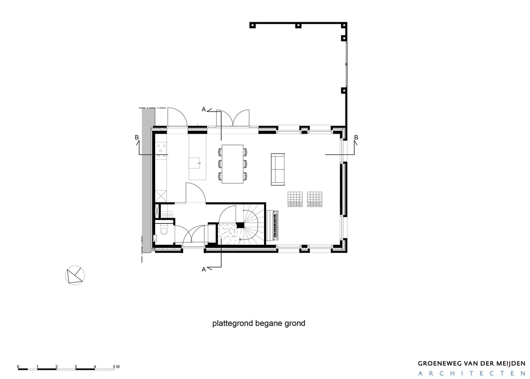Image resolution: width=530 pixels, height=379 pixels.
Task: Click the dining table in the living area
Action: click(x=233, y=164)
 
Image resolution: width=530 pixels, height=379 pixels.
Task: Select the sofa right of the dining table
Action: click(x=278, y=169)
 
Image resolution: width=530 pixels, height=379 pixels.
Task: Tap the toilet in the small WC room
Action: click(x=164, y=231)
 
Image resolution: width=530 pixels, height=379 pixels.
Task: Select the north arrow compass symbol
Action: click(x=75, y=275)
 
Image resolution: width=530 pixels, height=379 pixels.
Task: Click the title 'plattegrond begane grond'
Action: click(x=259, y=323)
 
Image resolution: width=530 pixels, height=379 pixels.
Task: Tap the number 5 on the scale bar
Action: click(x=114, y=366)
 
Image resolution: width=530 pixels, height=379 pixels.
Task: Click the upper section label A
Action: click(x=204, y=110)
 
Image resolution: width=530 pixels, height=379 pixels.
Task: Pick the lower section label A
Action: click(x=204, y=269)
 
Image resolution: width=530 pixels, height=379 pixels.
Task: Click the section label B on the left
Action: click(x=137, y=138)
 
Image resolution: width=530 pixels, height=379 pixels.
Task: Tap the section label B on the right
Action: click(x=356, y=138)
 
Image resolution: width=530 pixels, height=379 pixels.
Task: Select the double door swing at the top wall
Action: click(x=233, y=117)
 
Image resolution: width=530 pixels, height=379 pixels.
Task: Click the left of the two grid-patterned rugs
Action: click(x=295, y=199)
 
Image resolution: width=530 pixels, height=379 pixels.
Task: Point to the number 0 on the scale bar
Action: click(x=18, y=367)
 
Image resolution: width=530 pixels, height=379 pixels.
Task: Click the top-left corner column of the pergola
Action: click(x=252, y=25)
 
